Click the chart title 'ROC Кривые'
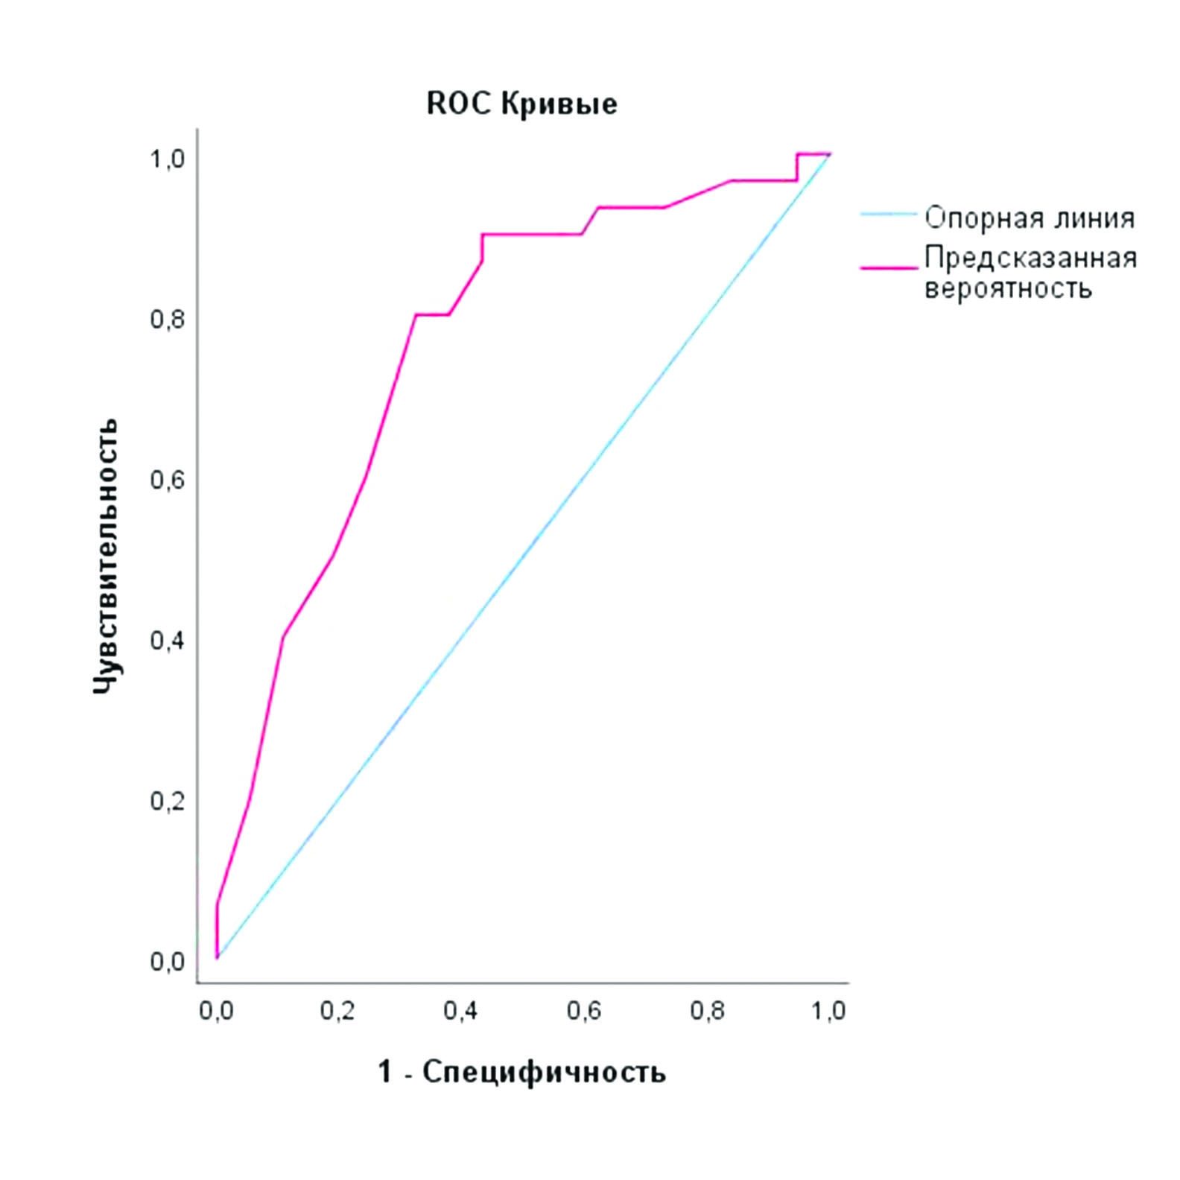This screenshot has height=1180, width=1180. point(521,104)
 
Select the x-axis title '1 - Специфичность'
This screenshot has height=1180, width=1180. point(521,1072)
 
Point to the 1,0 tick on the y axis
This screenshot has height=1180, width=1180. point(168,159)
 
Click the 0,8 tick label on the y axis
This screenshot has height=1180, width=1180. point(168,320)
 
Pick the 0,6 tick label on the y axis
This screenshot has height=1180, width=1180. point(168,480)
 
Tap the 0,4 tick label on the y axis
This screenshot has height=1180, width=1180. point(168,640)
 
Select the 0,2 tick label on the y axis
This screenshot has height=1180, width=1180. point(168,801)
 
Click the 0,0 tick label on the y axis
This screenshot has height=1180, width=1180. point(168,961)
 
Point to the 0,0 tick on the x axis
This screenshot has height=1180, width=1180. point(216,1011)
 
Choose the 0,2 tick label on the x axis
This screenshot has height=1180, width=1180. point(338,1011)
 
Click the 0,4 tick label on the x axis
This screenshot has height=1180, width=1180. point(461,1011)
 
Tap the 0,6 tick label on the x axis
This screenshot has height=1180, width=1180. point(584,1011)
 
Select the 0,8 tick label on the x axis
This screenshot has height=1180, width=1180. point(707,1011)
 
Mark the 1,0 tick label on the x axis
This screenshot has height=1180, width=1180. point(828,1011)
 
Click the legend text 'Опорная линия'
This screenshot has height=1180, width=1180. point(1030,218)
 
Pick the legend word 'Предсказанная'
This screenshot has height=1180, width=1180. point(1031,258)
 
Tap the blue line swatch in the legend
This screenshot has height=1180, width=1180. point(888,215)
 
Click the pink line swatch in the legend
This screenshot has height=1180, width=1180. point(888,267)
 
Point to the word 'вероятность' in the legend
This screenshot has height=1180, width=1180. point(1008,288)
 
